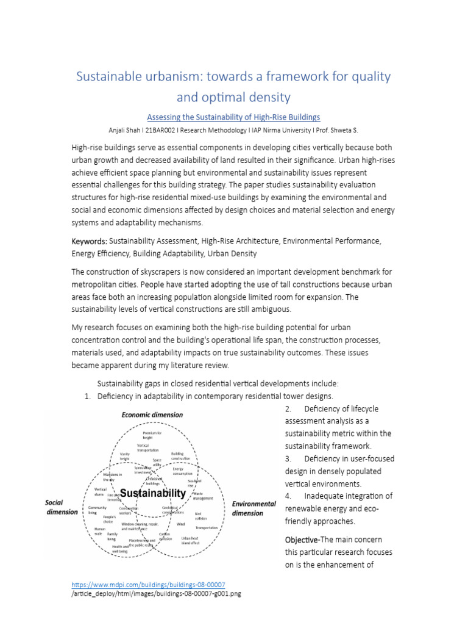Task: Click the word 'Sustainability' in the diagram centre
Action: (152, 493)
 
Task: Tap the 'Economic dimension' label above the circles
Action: (152, 414)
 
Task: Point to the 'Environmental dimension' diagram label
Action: (254, 508)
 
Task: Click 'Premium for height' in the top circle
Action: (152, 435)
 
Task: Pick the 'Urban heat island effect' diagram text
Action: (190, 540)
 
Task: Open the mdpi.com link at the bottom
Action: (148, 584)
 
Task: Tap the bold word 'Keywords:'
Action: (90, 242)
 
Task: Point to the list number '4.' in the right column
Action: (288, 496)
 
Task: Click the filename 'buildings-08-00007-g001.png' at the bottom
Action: (195, 594)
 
